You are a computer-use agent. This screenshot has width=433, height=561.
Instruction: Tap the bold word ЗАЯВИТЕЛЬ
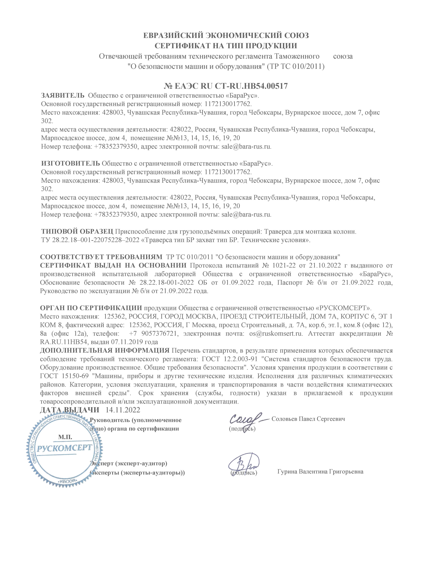(x=63, y=96)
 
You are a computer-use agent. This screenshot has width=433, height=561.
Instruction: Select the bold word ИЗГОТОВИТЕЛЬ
(x=70, y=163)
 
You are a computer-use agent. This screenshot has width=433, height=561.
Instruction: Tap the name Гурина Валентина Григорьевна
(x=320, y=472)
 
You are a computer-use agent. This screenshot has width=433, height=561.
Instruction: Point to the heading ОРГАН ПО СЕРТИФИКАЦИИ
(x=91, y=308)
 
